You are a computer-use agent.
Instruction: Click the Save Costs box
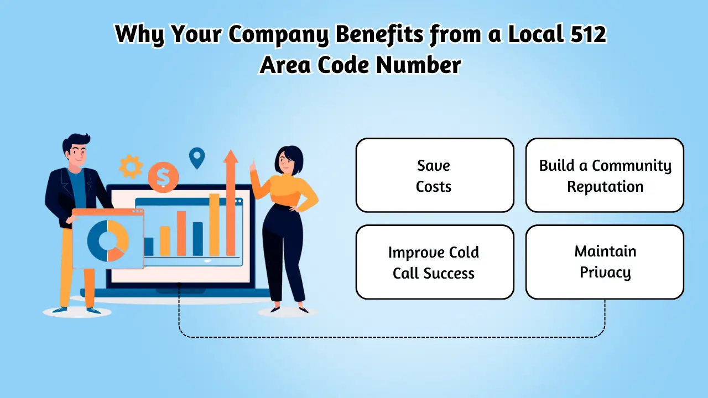click(x=435, y=175)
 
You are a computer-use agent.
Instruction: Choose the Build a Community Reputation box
click(x=605, y=175)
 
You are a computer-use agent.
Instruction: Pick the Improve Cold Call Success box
click(x=435, y=262)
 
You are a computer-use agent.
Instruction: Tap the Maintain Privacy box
click(x=605, y=262)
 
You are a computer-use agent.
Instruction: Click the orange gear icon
click(x=131, y=166)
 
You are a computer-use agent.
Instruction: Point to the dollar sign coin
click(x=163, y=177)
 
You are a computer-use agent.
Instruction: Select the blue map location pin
click(x=196, y=157)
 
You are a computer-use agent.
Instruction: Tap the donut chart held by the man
click(x=108, y=241)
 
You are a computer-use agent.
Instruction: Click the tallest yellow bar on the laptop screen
click(x=214, y=224)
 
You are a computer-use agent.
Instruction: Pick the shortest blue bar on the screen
click(x=149, y=247)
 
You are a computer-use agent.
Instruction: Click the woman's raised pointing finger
click(x=253, y=163)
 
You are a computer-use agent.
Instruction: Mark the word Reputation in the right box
click(x=605, y=186)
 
